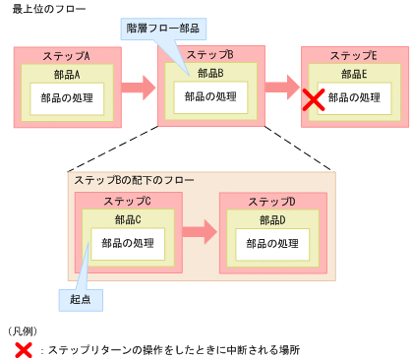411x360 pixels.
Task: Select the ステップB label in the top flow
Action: [x=210, y=54]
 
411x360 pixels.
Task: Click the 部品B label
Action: [x=210, y=73]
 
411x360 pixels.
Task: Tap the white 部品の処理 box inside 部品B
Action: [x=210, y=97]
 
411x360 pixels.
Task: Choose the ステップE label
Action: [x=353, y=55]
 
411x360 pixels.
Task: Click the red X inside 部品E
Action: [x=314, y=98]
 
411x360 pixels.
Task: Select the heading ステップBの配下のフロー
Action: [x=134, y=181]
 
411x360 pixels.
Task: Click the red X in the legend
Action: [x=22, y=349]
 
